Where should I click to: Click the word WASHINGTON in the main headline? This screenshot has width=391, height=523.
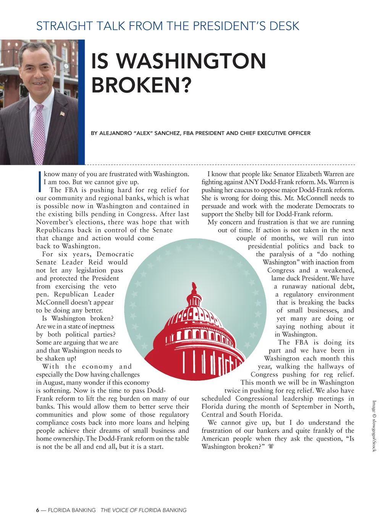tap(191, 61)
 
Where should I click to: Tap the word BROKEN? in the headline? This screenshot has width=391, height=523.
tap(141, 85)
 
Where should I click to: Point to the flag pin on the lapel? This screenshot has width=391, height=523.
tap(62, 113)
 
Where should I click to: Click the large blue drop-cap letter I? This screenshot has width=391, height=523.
tap(39, 182)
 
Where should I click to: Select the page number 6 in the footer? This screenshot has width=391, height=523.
tap(37, 510)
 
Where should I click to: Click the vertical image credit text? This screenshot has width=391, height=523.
tap(374, 426)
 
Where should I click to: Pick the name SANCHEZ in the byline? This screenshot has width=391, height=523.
tap(167, 133)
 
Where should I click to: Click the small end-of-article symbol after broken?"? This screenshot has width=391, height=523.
tap(271, 446)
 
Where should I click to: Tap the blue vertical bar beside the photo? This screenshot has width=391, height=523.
tap(81, 102)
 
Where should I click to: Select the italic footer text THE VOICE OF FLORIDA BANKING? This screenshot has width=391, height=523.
tap(144, 510)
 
